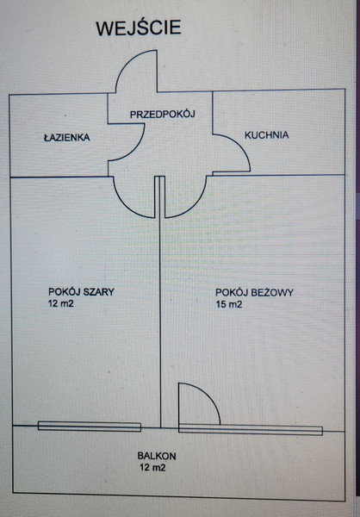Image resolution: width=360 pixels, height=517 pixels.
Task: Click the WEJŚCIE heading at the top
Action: pyautogui.click(x=139, y=28)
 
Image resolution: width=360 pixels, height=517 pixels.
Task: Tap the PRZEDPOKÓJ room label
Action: pyautogui.click(x=163, y=115)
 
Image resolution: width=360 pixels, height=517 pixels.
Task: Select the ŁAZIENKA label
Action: pyautogui.click(x=67, y=137)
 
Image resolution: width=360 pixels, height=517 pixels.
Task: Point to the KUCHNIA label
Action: pyautogui.click(x=267, y=135)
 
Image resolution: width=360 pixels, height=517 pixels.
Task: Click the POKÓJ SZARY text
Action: pyautogui.click(x=81, y=292)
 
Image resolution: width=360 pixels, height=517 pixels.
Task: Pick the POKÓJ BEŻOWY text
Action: pyautogui.click(x=254, y=292)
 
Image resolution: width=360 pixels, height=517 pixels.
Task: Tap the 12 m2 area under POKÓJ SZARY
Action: pyautogui.click(x=60, y=303)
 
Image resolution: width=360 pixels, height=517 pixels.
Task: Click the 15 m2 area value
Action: pyautogui.click(x=229, y=304)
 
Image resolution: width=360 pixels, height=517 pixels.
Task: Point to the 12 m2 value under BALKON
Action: pyautogui.click(x=152, y=468)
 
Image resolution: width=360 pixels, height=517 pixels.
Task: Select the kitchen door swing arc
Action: pyautogui.click(x=239, y=147)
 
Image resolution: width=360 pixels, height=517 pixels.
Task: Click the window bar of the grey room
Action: pyautogui.click(x=90, y=427)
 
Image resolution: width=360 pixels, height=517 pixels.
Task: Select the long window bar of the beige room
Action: pyautogui.click(x=251, y=430)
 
